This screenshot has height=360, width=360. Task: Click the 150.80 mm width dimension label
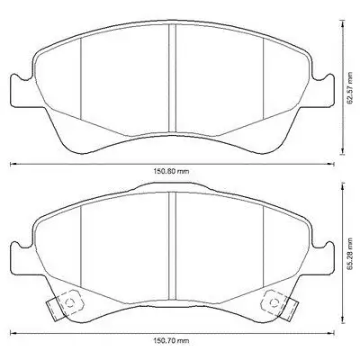coord(172,172)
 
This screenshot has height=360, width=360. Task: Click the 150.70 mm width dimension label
coord(172,341)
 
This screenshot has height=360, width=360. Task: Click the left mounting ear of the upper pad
coord(21,90)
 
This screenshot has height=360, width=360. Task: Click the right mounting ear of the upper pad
coord(323,90)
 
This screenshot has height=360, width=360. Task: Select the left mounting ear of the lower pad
coord(21,258)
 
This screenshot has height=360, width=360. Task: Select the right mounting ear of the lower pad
coord(323,258)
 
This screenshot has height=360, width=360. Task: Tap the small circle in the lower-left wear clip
coord(70,302)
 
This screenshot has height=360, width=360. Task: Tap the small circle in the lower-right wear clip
coord(274,302)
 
